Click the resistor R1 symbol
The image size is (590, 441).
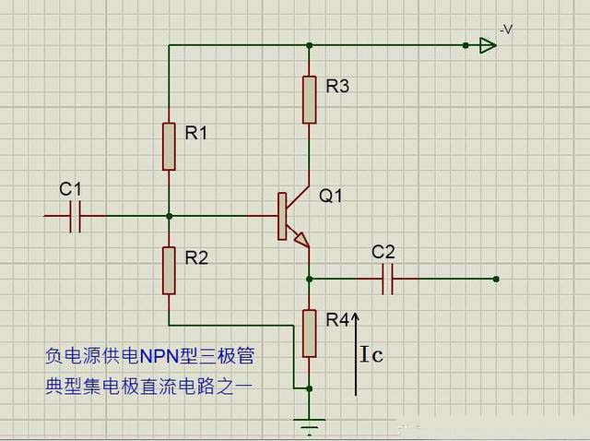click(x=169, y=146)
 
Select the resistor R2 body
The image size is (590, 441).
click(x=169, y=269)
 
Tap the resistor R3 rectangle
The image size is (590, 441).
click(x=310, y=100)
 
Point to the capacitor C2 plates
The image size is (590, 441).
click(x=387, y=278)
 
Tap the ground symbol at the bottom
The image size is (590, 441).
click(x=310, y=426)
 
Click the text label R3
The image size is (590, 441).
click(x=337, y=87)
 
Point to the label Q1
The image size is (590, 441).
click(x=331, y=196)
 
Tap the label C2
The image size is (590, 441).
click(x=383, y=252)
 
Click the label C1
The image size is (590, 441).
click(x=70, y=189)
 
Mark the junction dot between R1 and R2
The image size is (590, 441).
click(x=169, y=216)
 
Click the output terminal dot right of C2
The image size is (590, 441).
click(x=496, y=278)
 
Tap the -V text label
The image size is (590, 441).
click(x=506, y=30)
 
